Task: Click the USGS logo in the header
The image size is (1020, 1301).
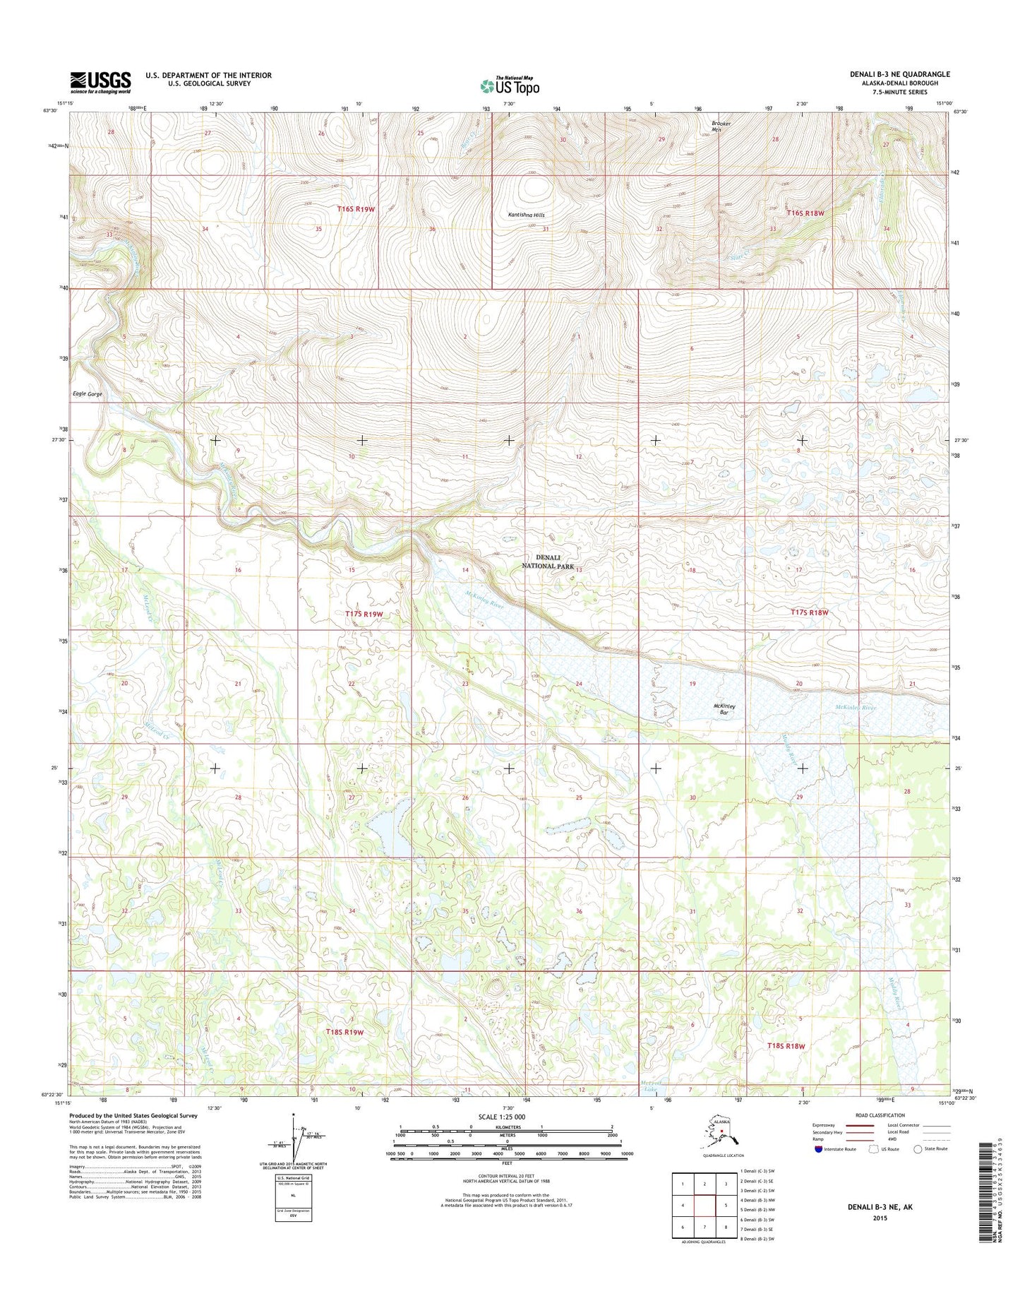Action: tap(100, 82)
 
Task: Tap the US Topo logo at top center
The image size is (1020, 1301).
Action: tap(510, 85)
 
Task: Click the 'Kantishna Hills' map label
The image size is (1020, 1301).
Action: tap(527, 215)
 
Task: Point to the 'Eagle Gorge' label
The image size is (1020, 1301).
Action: tap(88, 393)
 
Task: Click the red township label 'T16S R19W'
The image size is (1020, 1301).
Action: tap(355, 209)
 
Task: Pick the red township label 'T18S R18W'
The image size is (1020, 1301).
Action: tap(786, 1046)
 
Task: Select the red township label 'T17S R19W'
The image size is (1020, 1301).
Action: tap(364, 614)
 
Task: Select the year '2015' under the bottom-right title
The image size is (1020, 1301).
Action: tap(879, 1218)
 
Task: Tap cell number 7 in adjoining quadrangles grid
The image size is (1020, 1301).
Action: tap(704, 1227)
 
